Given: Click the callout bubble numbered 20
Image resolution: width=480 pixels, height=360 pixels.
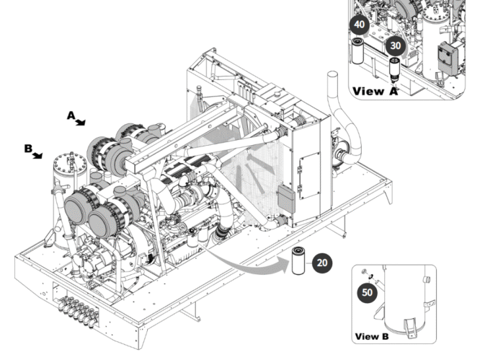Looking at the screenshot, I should [x=323, y=262].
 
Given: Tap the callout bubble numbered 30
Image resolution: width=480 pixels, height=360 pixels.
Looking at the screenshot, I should [x=394, y=45].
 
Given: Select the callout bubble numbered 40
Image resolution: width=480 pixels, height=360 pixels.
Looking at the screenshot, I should [x=360, y=24].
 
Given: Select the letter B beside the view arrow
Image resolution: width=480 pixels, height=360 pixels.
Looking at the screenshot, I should [x=27, y=149].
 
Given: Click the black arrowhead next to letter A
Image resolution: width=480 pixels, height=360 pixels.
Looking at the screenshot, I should [x=81, y=122].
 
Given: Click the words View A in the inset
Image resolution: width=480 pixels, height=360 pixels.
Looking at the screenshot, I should [x=375, y=91].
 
